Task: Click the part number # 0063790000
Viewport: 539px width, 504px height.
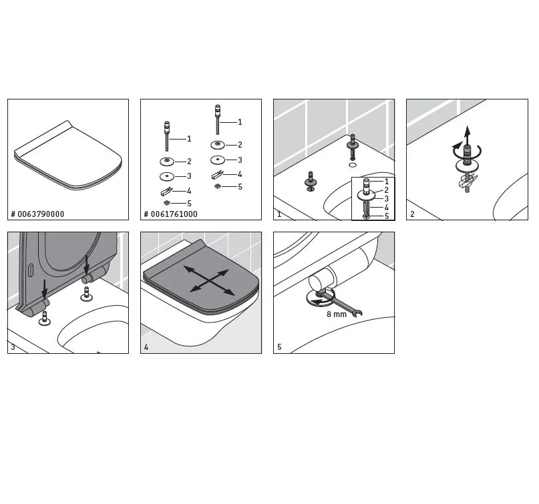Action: coord(37,214)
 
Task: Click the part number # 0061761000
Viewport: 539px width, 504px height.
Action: coord(170,214)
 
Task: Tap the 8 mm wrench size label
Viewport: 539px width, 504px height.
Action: coord(337,314)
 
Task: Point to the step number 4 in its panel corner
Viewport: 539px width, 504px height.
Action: coord(146,347)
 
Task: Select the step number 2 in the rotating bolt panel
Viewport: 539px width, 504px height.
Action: coord(413,214)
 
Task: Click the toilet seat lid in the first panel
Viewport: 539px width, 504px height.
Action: coord(68,156)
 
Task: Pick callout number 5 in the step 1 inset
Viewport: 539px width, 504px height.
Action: coord(387,216)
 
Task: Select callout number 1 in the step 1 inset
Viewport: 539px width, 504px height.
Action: coord(387,182)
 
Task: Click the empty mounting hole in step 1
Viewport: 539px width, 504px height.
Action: coord(353,165)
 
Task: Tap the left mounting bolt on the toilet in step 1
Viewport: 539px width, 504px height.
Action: coord(311,182)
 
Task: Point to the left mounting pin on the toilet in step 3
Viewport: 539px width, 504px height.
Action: coord(44,318)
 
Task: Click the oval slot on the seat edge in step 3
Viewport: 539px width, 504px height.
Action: coord(30,270)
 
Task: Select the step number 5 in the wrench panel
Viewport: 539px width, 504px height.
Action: coord(279,347)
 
